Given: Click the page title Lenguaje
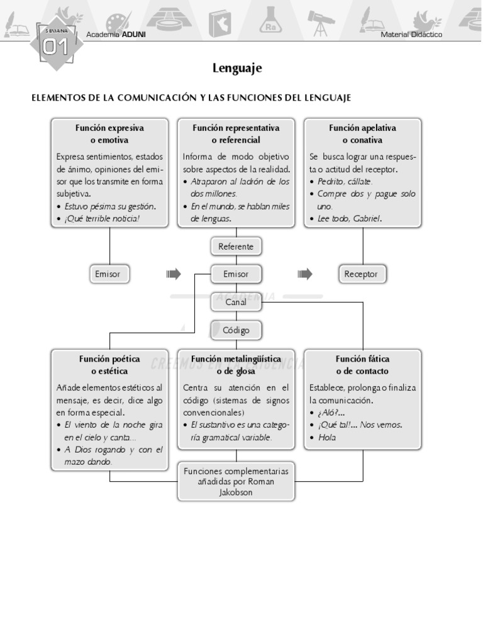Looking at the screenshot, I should tap(237, 68).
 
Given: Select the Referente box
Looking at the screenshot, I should tap(236, 247).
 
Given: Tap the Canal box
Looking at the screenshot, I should tap(236, 302).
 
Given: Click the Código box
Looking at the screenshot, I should tap(236, 330).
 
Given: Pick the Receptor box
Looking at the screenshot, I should tap(362, 274).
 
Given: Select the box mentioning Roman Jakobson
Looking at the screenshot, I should tap(236, 482).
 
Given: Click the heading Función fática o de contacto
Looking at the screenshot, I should tap(362, 365).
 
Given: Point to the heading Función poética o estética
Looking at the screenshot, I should tap(109, 365).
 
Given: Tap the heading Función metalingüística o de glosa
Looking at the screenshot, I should tap(236, 365).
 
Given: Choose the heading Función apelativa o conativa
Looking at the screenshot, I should tap(362, 134).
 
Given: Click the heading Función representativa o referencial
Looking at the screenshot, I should tap(236, 134).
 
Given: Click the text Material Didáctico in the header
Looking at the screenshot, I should tap(411, 35).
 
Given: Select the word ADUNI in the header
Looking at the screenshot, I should tap(134, 35).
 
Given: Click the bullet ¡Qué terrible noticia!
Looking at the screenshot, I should tap(102, 219).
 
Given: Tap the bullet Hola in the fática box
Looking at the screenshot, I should tap(327, 437).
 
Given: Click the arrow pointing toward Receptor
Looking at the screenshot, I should tap(305, 274).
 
